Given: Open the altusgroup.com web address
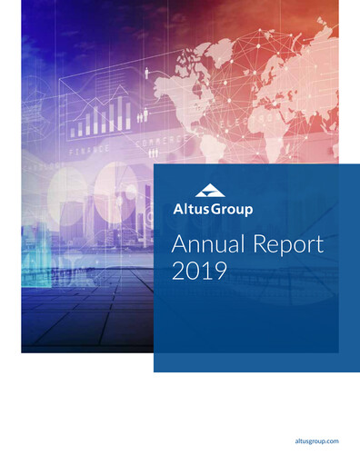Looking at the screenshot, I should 318,440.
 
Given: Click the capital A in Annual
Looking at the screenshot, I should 179,244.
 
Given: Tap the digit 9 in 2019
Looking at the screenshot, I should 217,272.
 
